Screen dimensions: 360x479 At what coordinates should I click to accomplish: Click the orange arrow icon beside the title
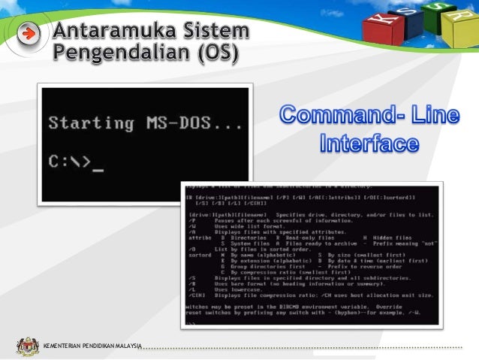29,34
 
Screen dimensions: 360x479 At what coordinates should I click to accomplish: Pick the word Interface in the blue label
369,142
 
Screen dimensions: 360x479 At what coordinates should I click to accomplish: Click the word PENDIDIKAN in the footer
96,347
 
